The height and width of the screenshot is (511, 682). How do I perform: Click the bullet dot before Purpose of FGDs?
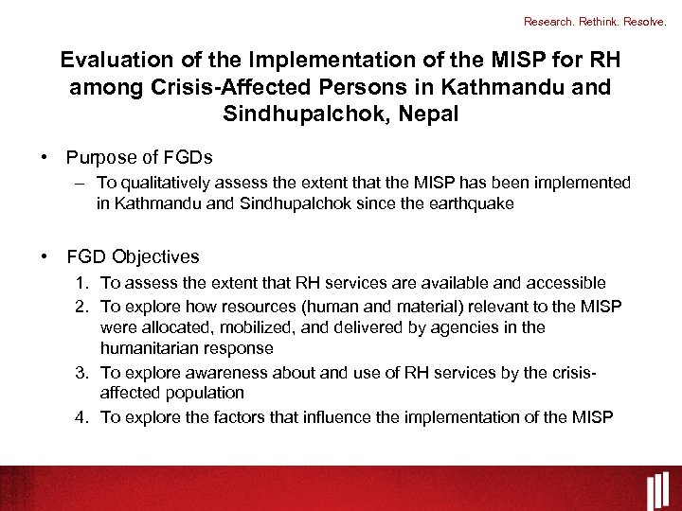(x=45, y=157)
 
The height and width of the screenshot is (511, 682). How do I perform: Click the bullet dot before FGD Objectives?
(x=45, y=256)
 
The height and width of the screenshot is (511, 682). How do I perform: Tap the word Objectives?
(x=155, y=256)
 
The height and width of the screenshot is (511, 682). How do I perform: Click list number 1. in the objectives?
(x=83, y=283)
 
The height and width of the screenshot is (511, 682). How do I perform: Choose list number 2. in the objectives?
(x=83, y=306)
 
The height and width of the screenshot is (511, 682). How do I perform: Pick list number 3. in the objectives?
(x=83, y=372)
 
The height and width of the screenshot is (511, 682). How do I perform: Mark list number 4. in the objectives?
(x=83, y=416)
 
